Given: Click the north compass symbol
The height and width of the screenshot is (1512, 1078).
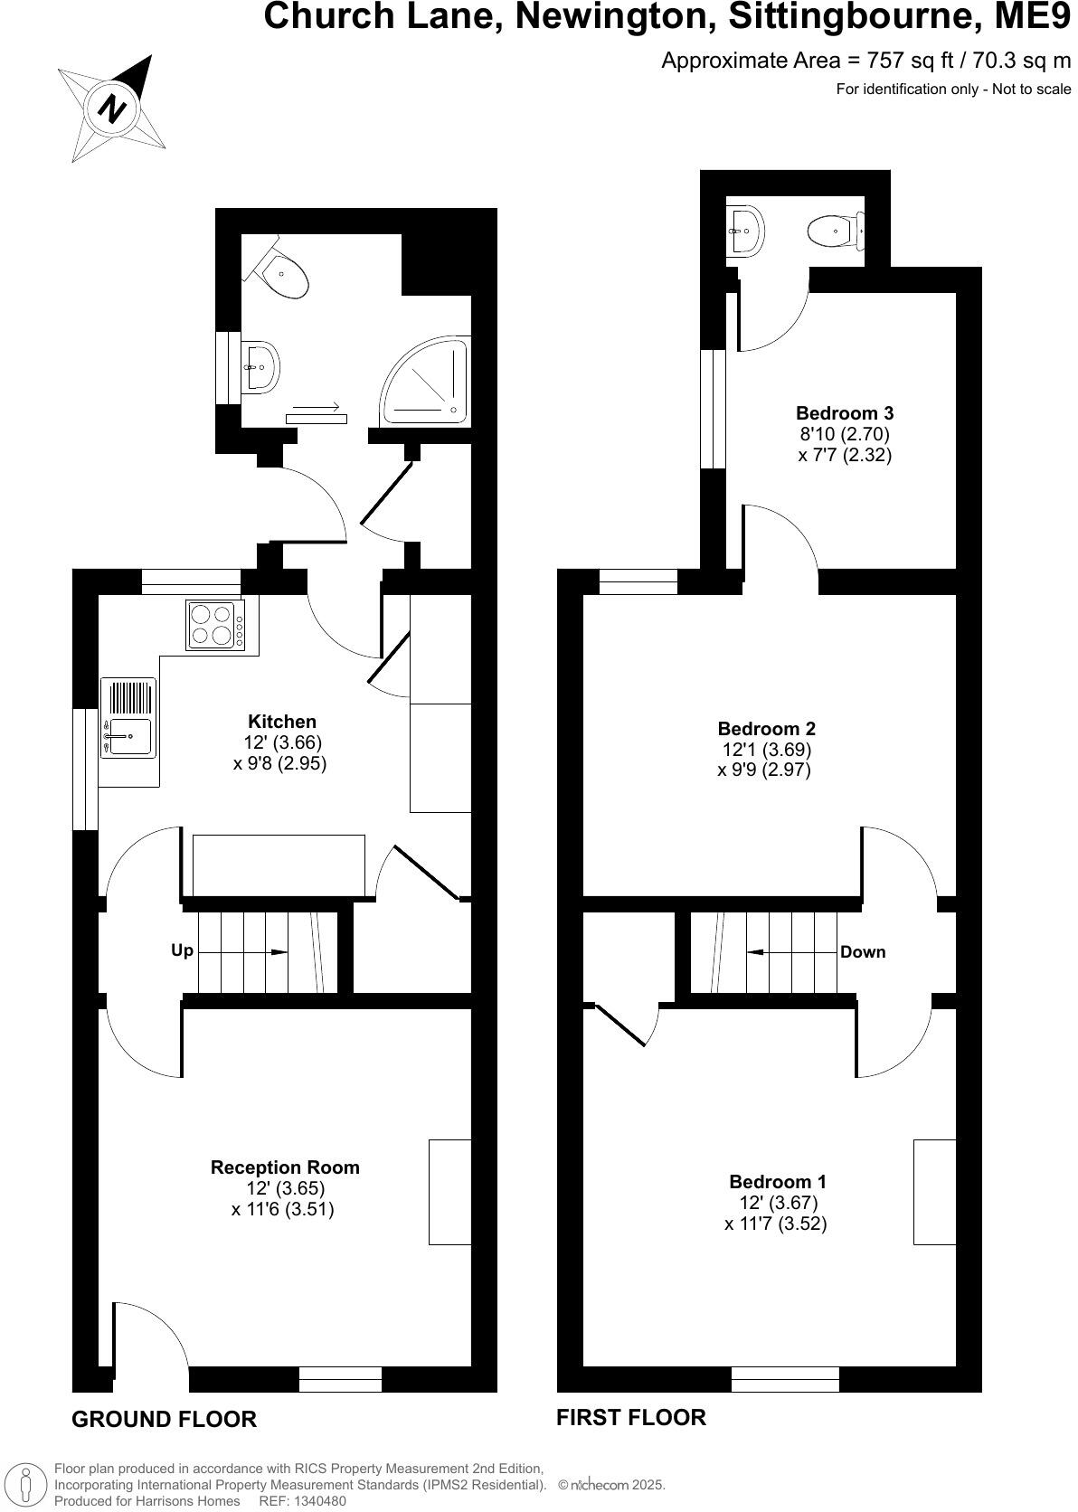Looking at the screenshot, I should pos(112,109).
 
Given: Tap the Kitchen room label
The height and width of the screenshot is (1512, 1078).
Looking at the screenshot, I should pos(282,722).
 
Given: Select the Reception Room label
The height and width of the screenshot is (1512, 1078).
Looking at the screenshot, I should pos(285,1167).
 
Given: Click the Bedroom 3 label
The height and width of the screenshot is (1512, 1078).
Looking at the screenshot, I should pos(845,413).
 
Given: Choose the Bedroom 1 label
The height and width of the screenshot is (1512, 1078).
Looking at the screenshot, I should pos(777,1182).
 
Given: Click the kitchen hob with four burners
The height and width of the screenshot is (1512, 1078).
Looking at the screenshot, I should pos(215,624).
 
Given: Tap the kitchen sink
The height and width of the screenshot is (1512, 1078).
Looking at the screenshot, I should pos(128,731).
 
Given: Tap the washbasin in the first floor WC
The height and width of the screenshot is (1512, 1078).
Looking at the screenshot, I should pos(746,230).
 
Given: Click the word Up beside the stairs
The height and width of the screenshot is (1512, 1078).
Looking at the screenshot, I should pos(182,951).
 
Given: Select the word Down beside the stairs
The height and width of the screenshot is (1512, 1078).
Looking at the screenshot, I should pos(863,952).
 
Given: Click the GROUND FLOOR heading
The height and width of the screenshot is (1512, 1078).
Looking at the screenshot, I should pos(164,1419).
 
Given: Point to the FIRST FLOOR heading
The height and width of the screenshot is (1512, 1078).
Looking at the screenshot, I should pos(630,1417).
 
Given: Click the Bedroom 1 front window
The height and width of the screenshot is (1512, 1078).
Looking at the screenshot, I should pos(785,1379).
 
